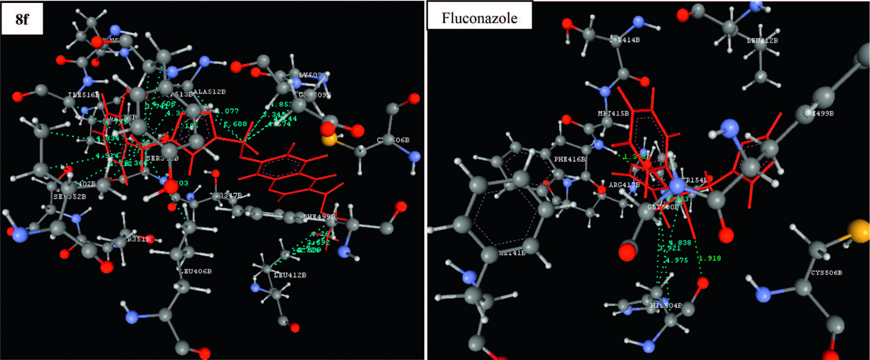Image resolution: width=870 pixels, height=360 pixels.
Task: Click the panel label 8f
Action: coord(22,19)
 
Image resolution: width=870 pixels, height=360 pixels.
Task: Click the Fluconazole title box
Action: coord(479,18)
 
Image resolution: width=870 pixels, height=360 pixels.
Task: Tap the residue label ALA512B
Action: coord(210,92)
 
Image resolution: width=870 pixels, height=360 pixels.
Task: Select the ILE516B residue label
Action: coord(83,95)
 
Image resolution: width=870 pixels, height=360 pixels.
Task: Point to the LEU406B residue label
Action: coord(196,271)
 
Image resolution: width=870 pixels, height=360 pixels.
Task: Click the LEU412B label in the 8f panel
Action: coord(290,275)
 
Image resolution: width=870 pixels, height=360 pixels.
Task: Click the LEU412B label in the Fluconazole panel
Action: coord(762,41)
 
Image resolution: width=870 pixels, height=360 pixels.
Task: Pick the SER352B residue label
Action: coord(70,196)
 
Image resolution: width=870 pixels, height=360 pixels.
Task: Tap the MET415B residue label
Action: coord(613,113)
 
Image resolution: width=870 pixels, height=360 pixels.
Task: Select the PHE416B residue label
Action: coord(570,159)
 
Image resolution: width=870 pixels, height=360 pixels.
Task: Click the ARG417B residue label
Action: coord(624,185)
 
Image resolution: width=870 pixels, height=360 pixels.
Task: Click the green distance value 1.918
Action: coord(710,258)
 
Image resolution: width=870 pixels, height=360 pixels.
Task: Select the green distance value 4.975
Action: coord(677,260)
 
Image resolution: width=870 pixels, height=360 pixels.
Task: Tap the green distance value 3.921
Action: coord(669,248)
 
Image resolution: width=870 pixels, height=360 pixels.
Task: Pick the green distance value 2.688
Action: coord(235,124)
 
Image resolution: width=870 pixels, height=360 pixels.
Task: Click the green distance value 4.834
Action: coord(107,139)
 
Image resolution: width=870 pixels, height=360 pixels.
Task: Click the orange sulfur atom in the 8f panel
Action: coord(329,140)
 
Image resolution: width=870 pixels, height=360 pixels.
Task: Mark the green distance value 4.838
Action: coord(680,242)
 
